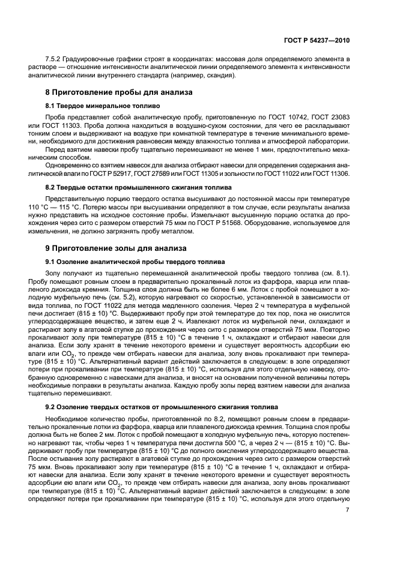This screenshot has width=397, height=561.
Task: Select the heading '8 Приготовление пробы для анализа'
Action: point(119,92)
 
